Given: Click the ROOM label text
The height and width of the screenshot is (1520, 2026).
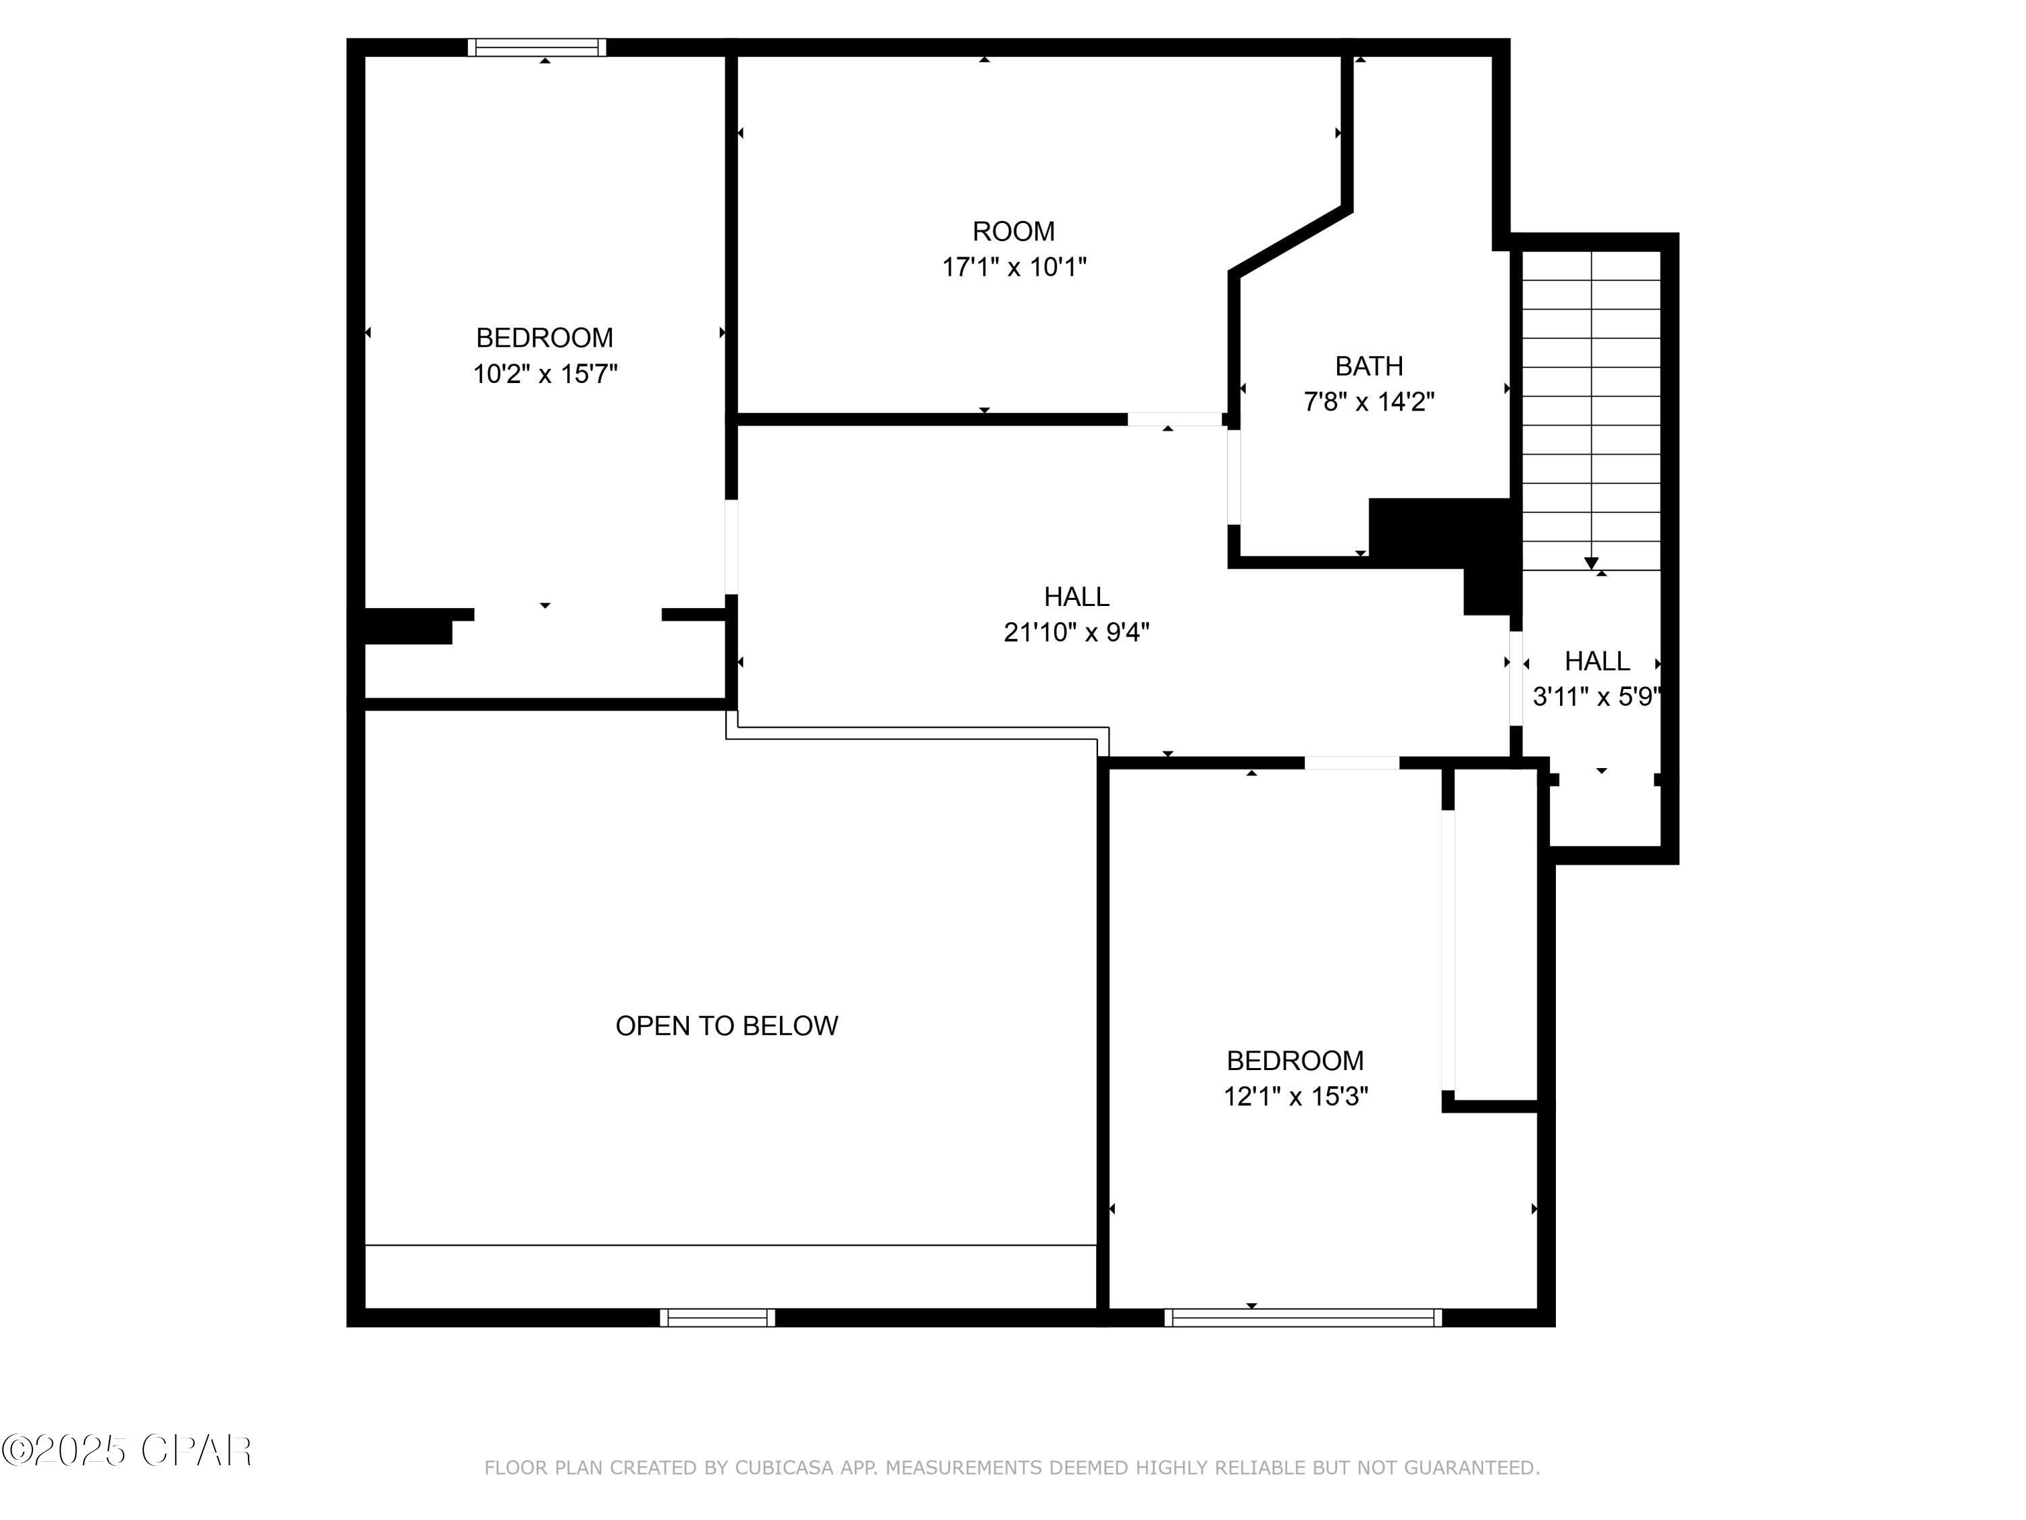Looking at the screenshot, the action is click(x=1013, y=231).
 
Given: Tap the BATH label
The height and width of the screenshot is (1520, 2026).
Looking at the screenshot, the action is click(x=1368, y=366).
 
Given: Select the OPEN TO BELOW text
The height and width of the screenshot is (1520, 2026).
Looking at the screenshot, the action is click(x=726, y=1025).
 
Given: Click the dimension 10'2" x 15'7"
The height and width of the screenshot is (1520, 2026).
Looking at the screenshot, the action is click(x=545, y=374).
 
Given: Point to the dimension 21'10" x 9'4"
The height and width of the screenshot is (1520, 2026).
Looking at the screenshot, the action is click(x=1076, y=632).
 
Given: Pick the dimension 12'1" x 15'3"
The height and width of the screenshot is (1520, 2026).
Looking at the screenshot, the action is click(x=1295, y=1096).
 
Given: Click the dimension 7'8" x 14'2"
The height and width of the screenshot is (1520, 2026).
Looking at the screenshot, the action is click(x=1368, y=401).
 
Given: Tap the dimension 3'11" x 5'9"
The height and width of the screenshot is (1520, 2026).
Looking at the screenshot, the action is click(x=1596, y=696).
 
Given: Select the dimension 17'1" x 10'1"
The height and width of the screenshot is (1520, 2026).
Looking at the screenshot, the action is click(x=1014, y=267).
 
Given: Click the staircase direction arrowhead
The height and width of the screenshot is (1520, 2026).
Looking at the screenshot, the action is click(x=1591, y=563).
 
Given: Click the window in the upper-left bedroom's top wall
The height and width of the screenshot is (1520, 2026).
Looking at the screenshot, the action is click(x=537, y=48).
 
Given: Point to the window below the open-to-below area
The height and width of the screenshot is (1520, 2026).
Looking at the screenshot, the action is click(x=717, y=1317).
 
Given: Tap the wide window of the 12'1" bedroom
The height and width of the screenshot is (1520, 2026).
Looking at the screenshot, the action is click(x=1303, y=1317).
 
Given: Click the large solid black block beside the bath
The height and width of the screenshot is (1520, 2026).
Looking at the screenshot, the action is click(x=1440, y=532).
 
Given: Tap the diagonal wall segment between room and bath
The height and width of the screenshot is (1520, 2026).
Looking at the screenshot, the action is click(x=1291, y=241).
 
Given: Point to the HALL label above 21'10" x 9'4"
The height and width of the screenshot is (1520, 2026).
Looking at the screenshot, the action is click(x=1076, y=597).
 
